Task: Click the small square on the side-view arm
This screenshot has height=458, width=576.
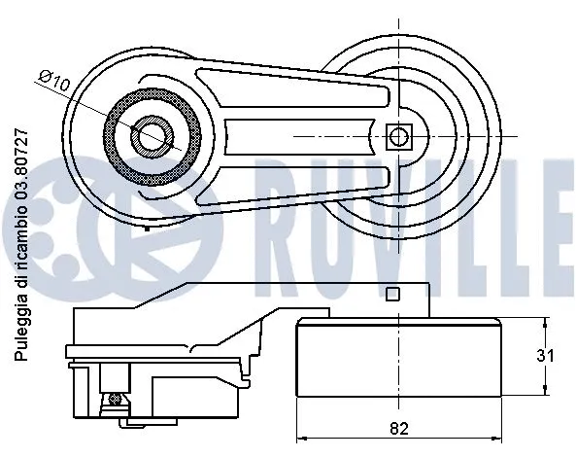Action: [x=392, y=295]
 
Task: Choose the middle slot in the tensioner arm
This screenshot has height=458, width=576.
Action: [x=301, y=135]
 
